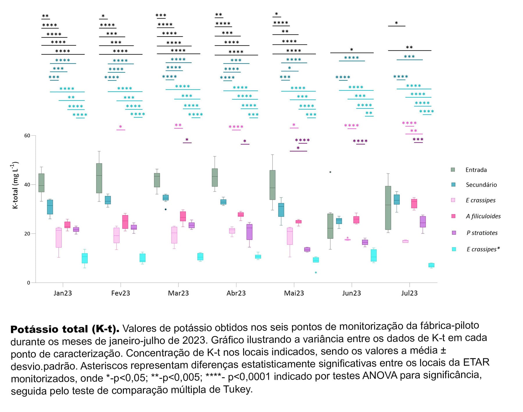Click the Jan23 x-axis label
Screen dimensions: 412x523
[62, 293]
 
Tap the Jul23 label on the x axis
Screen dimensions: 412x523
[409, 293]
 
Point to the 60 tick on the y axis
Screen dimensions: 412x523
[27, 136]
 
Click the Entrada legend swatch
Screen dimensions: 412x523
[453, 170]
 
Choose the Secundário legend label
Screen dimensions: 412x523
[481, 185]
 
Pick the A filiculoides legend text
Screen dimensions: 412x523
[483, 216]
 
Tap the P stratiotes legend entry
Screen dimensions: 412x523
[482, 233]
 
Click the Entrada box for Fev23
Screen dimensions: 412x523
[99, 178]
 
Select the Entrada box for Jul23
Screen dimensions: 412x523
[388, 208]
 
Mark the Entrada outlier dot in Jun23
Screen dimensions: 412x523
[330, 172]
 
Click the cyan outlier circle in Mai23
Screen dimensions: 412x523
[316, 273]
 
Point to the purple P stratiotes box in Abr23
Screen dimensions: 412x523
[249, 232]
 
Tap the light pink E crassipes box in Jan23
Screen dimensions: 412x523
[59, 238]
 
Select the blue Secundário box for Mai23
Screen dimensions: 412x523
[281, 210]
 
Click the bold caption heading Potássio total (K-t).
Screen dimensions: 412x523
[65, 329]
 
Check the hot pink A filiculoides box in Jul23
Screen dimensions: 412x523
[414, 204]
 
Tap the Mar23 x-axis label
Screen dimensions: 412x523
[178, 293]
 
